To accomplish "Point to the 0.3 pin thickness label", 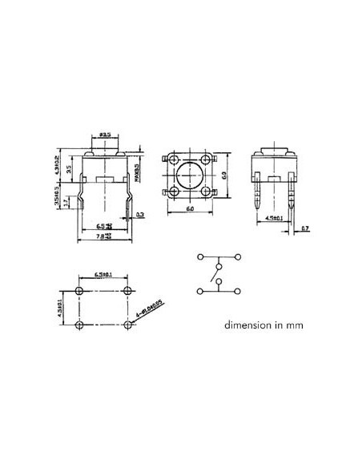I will click(140, 214).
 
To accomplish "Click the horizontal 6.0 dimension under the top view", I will click(191, 208).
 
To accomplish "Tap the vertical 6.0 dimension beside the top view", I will click(226, 174).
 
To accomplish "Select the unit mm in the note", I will click(296, 327).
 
